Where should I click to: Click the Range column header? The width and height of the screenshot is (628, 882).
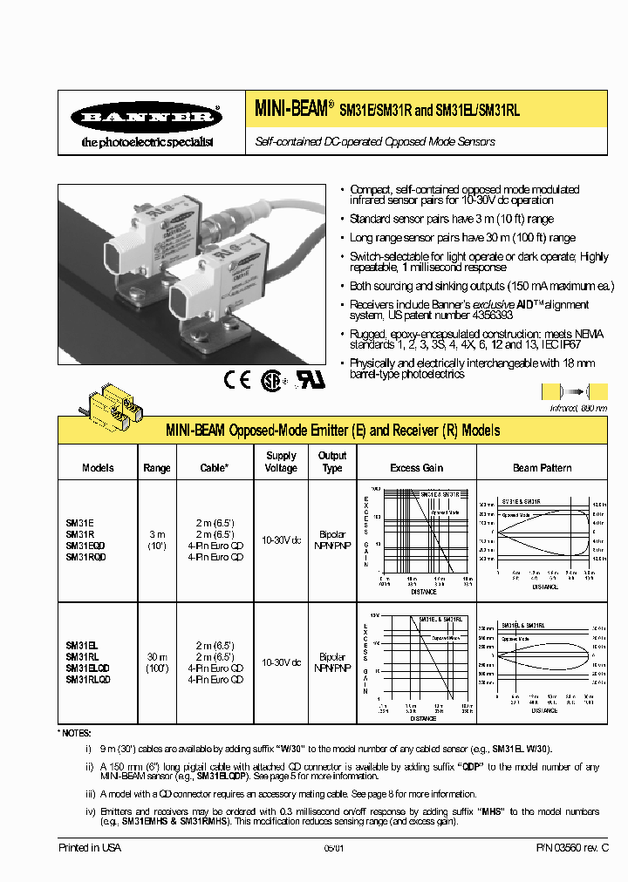157,468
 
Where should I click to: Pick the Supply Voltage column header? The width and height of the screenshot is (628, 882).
281,462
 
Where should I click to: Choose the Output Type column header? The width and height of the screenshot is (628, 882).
332,462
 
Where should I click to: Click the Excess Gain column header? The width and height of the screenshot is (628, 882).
416,468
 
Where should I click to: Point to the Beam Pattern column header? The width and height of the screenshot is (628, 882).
542,468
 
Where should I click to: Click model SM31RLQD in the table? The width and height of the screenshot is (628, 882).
86,679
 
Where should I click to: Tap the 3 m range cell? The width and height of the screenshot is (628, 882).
157,533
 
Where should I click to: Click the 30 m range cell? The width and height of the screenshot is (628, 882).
157,656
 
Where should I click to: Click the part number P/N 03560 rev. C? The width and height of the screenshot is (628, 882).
570,847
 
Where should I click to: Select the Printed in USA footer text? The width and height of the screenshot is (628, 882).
90,847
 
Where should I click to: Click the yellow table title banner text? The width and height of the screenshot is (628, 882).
332,431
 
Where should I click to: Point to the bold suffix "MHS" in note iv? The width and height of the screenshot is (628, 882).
492,810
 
